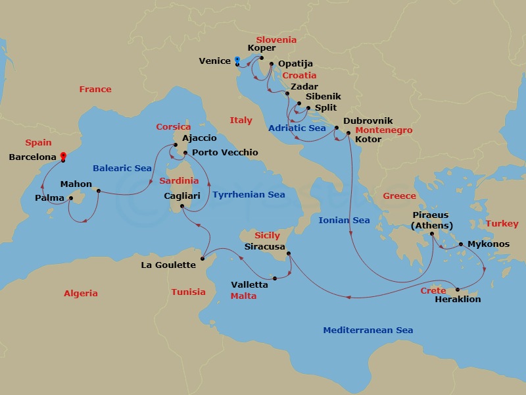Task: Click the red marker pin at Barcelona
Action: (x=63, y=156)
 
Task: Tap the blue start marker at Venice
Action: (x=237, y=61)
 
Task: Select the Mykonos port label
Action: (x=489, y=244)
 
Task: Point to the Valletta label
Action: (x=249, y=285)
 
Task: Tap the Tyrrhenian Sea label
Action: (x=249, y=195)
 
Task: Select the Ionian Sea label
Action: (x=344, y=221)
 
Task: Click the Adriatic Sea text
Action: (x=297, y=128)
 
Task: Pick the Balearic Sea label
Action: (x=122, y=169)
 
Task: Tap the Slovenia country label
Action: (x=276, y=39)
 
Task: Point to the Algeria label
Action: (x=81, y=294)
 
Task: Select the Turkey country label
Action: (x=502, y=224)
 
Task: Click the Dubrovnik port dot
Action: (x=337, y=128)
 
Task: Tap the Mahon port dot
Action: (x=98, y=192)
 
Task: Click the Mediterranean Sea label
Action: (x=368, y=330)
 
